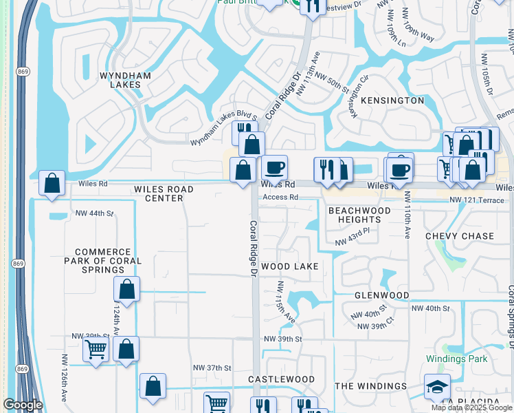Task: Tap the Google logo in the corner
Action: click(23, 405)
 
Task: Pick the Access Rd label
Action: click(280, 197)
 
